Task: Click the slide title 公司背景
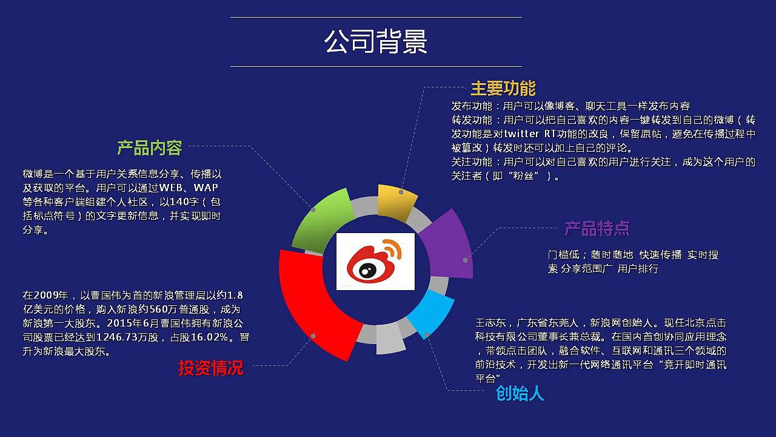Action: click(x=376, y=41)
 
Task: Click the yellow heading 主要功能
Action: click(x=503, y=89)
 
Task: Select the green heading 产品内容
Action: click(x=149, y=147)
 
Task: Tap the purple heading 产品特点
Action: click(x=597, y=229)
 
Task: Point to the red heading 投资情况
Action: click(x=210, y=368)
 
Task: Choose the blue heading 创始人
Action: click(x=520, y=393)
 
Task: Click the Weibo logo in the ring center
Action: click(x=375, y=261)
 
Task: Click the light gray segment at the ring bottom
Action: click(x=390, y=338)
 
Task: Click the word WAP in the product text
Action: click(x=206, y=188)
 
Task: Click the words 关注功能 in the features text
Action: click(x=471, y=162)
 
